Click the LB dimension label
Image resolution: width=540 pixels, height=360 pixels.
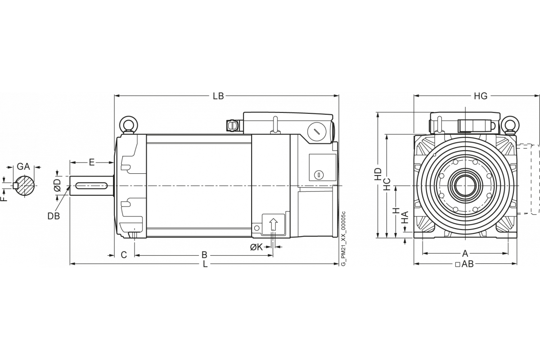click(x=218, y=96)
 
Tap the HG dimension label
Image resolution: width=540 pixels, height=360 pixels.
click(x=481, y=96)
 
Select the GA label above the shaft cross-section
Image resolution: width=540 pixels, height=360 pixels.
click(x=23, y=166)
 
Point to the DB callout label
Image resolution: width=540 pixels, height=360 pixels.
click(x=54, y=216)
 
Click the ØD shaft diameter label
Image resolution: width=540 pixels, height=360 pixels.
click(x=58, y=185)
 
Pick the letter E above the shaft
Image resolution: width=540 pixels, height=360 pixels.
click(x=92, y=162)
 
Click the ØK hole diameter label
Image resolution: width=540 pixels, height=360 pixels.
click(x=256, y=247)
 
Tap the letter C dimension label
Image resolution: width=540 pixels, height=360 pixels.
click(x=124, y=255)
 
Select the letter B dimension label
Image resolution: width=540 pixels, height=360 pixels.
click(x=204, y=255)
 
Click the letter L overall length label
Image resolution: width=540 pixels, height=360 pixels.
click(x=205, y=264)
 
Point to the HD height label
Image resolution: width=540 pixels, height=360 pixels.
click(x=378, y=174)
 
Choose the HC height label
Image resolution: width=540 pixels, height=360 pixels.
click(x=387, y=184)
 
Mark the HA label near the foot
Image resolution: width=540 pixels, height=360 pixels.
click(x=406, y=217)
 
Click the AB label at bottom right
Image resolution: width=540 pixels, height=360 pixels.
click(x=468, y=264)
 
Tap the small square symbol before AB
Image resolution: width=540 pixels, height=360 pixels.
click(x=458, y=265)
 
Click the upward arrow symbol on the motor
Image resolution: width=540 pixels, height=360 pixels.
click(x=273, y=224)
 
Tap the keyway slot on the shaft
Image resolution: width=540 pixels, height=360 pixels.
click(x=91, y=186)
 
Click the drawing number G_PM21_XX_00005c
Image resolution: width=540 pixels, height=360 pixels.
click(x=344, y=238)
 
